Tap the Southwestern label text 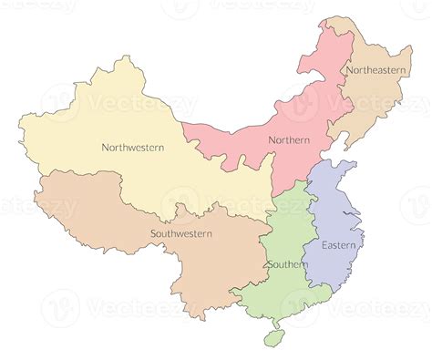pyautogui.click(x=181, y=233)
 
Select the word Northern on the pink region pyautogui.click(x=289, y=139)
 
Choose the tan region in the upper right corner pyautogui.click(x=383, y=100)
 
